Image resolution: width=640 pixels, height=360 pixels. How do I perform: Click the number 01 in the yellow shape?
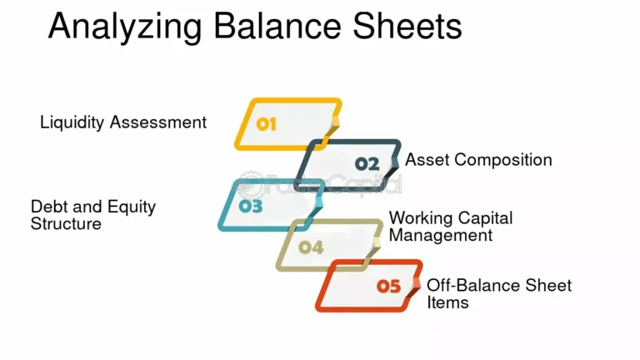pyautogui.click(x=266, y=124)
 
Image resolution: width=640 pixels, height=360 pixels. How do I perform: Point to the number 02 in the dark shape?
pyautogui.click(x=367, y=163)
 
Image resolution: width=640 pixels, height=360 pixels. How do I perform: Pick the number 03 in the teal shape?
pyautogui.click(x=251, y=205)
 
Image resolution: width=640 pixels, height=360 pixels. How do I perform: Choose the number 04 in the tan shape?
pyautogui.click(x=311, y=247)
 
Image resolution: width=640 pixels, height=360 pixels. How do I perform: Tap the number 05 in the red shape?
pyautogui.click(x=389, y=287)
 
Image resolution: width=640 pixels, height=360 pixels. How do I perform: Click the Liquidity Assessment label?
pyautogui.click(x=123, y=122)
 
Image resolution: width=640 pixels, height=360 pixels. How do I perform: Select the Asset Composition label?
pyautogui.click(x=478, y=160)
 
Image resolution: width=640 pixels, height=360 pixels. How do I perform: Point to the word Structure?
pyautogui.click(x=66, y=224)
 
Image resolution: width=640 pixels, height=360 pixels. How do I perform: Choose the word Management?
pyautogui.click(x=441, y=235)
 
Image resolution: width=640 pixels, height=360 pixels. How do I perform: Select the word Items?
pyautogui.click(x=447, y=302)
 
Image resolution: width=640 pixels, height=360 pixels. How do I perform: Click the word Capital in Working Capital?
pyautogui.click(x=484, y=218)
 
